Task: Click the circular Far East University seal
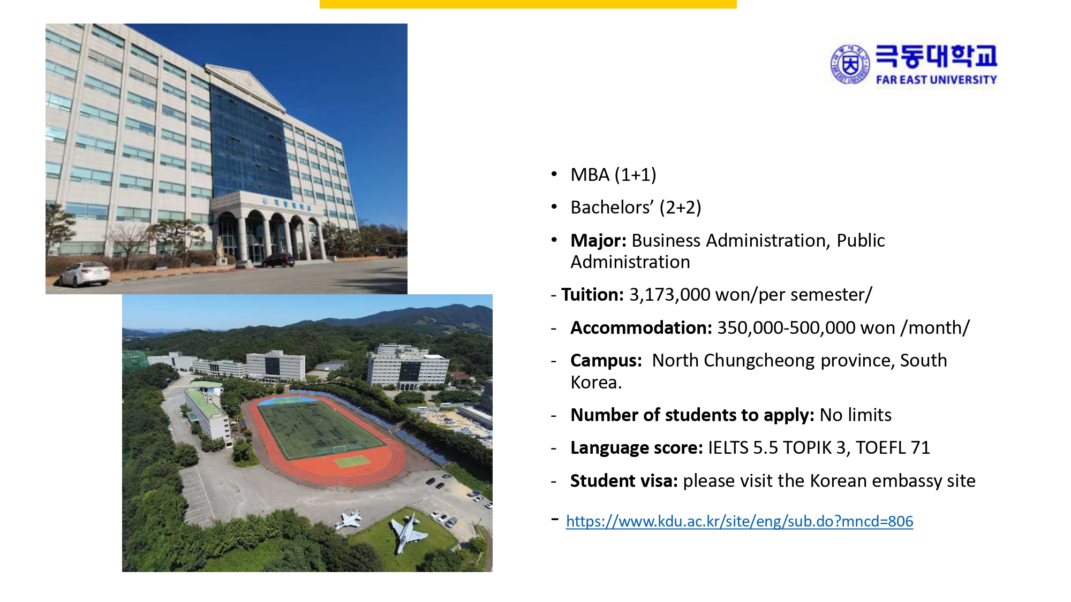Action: click(850, 64)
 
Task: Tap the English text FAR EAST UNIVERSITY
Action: click(936, 80)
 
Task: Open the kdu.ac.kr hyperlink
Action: click(739, 521)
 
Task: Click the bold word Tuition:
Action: click(592, 295)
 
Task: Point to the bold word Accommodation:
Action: click(641, 327)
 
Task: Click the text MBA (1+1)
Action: click(613, 175)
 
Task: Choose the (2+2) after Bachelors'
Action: click(680, 208)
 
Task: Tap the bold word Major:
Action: click(598, 241)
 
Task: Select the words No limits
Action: click(856, 415)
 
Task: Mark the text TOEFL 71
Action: click(893, 448)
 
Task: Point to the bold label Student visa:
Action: click(624, 481)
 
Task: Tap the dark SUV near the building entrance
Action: click(278, 261)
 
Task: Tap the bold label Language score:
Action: click(636, 448)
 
